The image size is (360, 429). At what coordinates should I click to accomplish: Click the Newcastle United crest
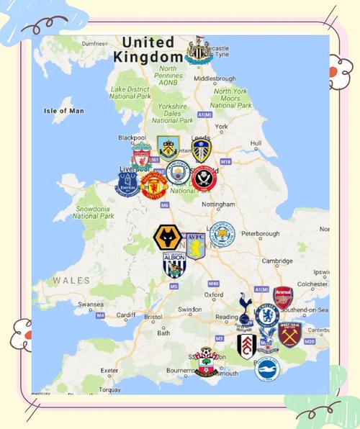[196, 50]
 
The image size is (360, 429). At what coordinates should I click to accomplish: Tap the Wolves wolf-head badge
[166, 237]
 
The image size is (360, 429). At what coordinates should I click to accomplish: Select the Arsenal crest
[283, 297]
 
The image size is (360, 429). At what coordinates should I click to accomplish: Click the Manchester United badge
[153, 184]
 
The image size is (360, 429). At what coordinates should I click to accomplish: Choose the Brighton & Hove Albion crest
[266, 369]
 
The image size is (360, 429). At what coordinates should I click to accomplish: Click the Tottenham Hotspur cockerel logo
[245, 308]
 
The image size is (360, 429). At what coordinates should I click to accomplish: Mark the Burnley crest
[168, 147]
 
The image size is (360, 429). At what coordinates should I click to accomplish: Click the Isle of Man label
[64, 111]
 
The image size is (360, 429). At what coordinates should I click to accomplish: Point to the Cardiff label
[126, 315]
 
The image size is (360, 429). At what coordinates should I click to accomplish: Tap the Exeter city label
[109, 371]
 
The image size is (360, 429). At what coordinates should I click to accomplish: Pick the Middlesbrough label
[215, 78]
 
